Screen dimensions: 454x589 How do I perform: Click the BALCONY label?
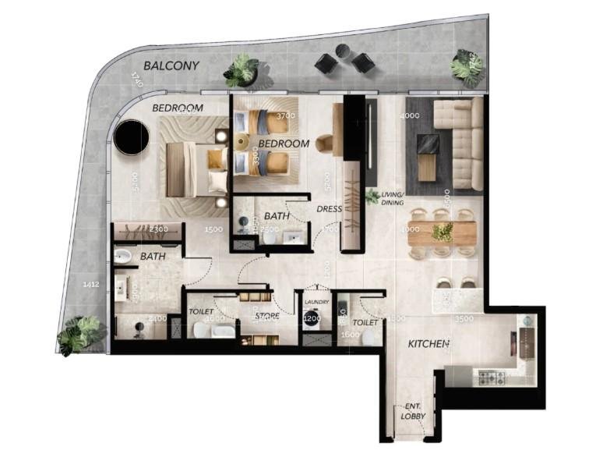point(171,66)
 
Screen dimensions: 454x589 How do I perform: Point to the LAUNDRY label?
point(317,302)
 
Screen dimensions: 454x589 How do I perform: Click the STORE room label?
point(268,316)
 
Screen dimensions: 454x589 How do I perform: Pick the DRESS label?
point(330,209)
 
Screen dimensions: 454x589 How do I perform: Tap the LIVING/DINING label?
point(392,198)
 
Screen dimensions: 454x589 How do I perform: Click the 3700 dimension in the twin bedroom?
point(286,116)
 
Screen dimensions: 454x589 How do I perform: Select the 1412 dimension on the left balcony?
point(92,285)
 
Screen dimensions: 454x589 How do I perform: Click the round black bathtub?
point(129,138)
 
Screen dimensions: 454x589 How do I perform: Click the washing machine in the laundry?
point(312,319)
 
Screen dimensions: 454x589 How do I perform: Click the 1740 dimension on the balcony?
point(136,80)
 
